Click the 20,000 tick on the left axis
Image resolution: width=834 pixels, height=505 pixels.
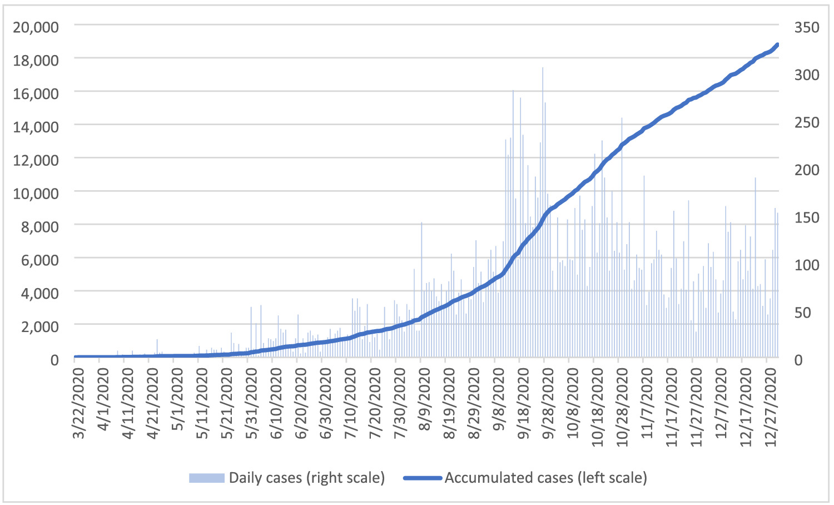(x=36, y=27)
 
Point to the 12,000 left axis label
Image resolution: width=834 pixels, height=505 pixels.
(x=36, y=160)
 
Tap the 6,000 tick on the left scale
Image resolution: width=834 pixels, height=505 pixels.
(x=39, y=260)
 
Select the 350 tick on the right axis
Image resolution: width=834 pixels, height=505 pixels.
(x=807, y=27)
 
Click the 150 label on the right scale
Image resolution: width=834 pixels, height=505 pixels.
(x=807, y=217)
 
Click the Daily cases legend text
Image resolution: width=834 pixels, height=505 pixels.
(x=306, y=478)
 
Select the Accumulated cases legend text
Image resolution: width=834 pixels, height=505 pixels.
(x=545, y=478)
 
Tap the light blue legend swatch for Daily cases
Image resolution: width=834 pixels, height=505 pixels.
(x=206, y=478)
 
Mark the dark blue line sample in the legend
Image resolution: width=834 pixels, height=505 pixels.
(x=423, y=478)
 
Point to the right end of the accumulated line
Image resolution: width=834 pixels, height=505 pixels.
(x=777, y=44)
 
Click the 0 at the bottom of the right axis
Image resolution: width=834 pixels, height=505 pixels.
(x=798, y=360)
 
